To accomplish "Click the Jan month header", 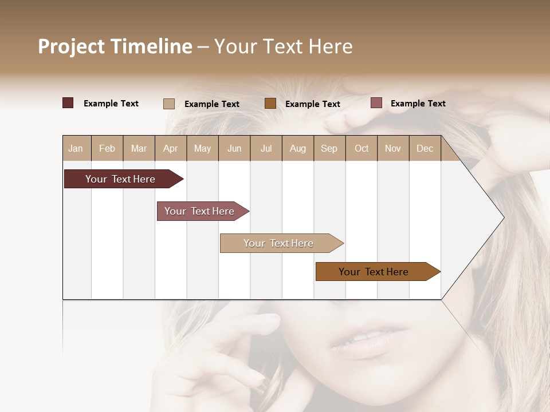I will click(76, 148).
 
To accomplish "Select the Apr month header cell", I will click(170, 148).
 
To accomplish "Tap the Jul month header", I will click(266, 148).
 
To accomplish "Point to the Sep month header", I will click(329, 148).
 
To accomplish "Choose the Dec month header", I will click(425, 148).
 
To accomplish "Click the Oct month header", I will click(361, 148).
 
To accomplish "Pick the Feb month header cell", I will click(107, 148).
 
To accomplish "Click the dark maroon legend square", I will click(68, 103).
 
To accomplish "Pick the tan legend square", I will click(169, 104).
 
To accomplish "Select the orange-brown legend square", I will click(270, 104).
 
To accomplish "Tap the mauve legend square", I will click(376, 103).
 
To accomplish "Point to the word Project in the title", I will click(71, 46).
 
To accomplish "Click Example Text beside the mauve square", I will click(418, 104).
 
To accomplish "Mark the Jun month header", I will click(234, 148).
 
